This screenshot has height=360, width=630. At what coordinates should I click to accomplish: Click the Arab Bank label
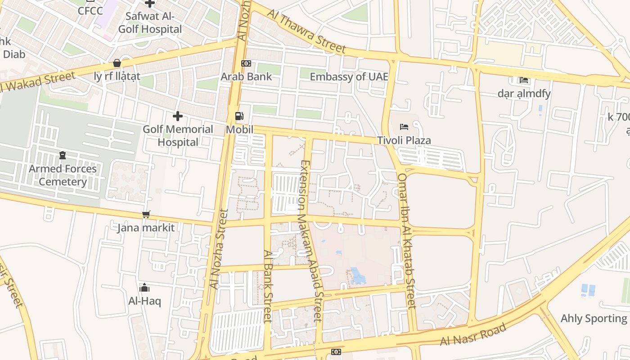click(x=246, y=76)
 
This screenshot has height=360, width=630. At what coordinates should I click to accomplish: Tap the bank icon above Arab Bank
click(x=246, y=63)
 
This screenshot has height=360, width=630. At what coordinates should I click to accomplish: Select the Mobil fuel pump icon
click(x=239, y=116)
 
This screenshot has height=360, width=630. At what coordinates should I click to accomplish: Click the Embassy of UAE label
click(x=349, y=76)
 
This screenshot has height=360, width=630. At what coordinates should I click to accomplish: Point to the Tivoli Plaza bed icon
click(x=404, y=126)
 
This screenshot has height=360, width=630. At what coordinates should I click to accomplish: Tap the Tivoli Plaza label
click(x=404, y=140)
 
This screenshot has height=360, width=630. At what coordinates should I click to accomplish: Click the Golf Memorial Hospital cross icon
click(x=178, y=116)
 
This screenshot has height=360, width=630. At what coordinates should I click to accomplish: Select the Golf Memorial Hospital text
click(x=178, y=135)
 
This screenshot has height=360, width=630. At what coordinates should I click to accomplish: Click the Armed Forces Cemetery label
click(x=63, y=175)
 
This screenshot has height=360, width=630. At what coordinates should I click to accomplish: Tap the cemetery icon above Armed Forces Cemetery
click(x=63, y=155)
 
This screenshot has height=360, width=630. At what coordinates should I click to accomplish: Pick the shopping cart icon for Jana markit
click(x=146, y=214)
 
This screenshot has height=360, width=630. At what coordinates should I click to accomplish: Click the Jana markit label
click(x=146, y=228)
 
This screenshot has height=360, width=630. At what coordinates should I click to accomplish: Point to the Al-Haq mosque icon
click(x=144, y=288)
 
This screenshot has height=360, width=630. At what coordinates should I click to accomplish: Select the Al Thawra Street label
click(x=306, y=31)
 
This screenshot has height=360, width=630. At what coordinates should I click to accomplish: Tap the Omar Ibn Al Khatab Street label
click(x=406, y=241)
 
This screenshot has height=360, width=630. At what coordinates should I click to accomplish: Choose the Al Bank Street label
click(x=268, y=286)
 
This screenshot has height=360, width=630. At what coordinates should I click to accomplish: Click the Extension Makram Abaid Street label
click(x=311, y=241)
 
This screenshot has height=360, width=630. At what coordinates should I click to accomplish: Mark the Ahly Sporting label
click(x=594, y=319)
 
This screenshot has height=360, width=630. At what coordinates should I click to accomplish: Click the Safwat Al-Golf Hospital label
click(x=149, y=23)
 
